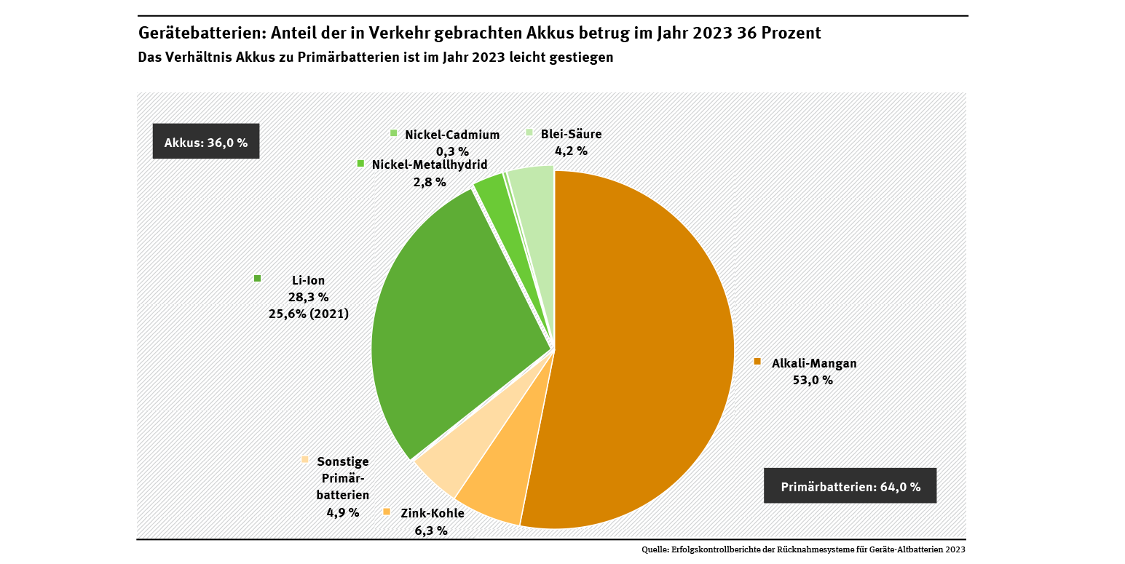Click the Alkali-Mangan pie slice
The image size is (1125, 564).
pos(641,349)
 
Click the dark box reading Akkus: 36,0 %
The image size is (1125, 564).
pos(206,143)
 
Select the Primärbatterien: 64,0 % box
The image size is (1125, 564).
pos(850,487)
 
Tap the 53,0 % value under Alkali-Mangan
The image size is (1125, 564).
pos(813,380)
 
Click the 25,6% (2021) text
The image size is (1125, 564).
pos(309,314)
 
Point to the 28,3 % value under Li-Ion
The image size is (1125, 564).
pos(309,297)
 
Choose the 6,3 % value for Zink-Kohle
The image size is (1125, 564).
pos(431,531)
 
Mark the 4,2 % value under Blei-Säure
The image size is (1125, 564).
pos(571,151)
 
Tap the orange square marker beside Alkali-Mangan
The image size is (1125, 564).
pos(757,361)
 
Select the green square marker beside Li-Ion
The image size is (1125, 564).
pos(257,278)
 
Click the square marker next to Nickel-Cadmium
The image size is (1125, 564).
pos(394,132)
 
